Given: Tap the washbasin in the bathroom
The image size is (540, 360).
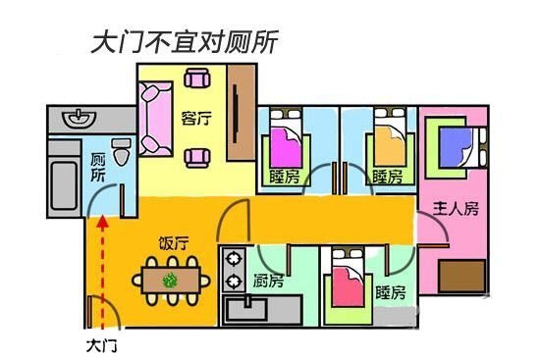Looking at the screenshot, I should (x=78, y=120).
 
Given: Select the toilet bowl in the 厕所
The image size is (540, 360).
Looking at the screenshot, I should (x=121, y=152).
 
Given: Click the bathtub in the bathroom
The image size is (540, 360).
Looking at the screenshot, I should (x=65, y=182).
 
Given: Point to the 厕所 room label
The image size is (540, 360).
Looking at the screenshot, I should (x=97, y=168).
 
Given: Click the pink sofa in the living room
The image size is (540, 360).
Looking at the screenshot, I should (x=155, y=120).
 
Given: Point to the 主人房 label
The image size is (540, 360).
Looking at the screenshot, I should (x=456, y=209).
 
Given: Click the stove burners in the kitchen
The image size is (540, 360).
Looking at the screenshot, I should (x=234, y=270).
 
